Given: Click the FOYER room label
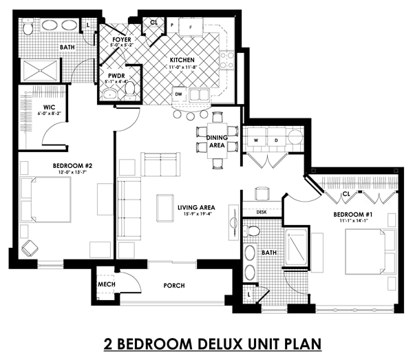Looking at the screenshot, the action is pyautogui.click(x=122, y=39).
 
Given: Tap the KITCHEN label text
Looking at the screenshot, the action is pyautogui.click(x=182, y=60).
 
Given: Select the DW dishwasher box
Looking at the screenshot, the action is pyautogui.click(x=179, y=94).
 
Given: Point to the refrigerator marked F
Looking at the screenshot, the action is pyautogui.click(x=191, y=27).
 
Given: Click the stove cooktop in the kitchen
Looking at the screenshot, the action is pyautogui.click(x=227, y=61).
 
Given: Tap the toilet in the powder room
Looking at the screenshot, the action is pyautogui.click(x=129, y=89).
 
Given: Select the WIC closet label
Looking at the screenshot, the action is pyautogui.click(x=50, y=107).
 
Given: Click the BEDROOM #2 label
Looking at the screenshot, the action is pyautogui.click(x=72, y=166).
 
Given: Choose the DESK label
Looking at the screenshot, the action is pyautogui.click(x=262, y=212).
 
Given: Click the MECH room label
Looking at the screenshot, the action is pyautogui.click(x=107, y=284).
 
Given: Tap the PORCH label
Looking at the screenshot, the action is pyautogui.click(x=174, y=286).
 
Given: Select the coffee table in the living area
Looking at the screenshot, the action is pyautogui.click(x=165, y=208).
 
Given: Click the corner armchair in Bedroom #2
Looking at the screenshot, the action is pyautogui.click(x=30, y=248).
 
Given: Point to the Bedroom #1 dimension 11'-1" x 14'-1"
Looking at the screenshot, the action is pyautogui.click(x=353, y=221).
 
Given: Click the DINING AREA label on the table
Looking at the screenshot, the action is pyautogui.click(x=217, y=141).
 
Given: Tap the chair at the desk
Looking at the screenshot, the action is pyautogui.click(x=262, y=193).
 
